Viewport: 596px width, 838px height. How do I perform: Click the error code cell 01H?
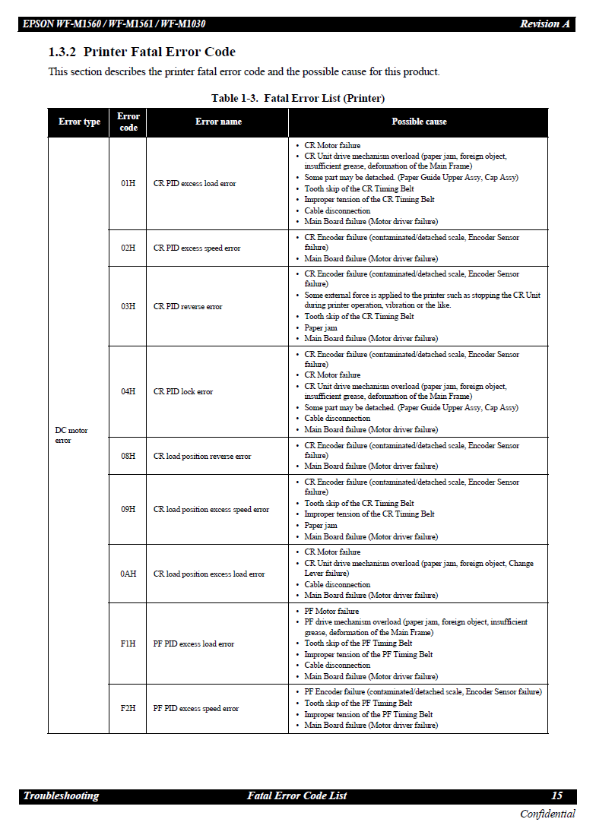coord(128,184)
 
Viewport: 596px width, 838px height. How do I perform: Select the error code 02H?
coord(128,248)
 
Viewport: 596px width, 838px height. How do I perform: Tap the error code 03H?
coord(128,307)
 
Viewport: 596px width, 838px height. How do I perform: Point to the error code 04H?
coord(128,392)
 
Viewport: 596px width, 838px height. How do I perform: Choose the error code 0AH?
coord(128,574)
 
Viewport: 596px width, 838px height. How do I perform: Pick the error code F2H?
coord(128,709)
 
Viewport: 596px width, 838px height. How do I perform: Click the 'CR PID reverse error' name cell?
coord(188,307)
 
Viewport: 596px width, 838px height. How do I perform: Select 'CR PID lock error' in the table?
coord(183,392)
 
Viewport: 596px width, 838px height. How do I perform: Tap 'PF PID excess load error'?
coord(194,644)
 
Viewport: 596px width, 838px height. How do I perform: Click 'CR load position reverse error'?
coord(202,457)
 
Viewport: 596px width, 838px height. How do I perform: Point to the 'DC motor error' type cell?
coord(71,435)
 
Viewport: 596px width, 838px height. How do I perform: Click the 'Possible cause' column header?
coord(419,122)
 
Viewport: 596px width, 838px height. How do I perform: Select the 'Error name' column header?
coord(218,122)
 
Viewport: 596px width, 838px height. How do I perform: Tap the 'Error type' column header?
coord(79,122)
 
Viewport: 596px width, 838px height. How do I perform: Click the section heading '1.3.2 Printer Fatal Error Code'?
coord(142,52)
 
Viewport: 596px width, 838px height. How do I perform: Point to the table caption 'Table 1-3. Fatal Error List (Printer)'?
coord(298,98)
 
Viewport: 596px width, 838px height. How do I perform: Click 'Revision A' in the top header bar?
coord(544,24)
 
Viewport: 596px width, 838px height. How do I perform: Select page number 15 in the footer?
coord(556,795)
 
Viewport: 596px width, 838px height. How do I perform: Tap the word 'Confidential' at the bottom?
coord(547,814)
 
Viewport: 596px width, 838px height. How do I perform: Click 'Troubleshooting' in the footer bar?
coord(62,795)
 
